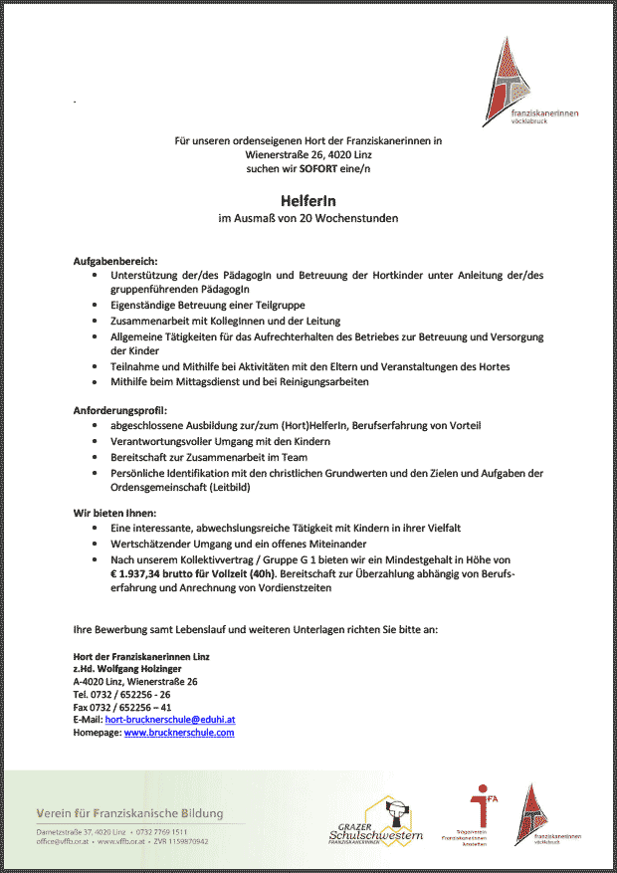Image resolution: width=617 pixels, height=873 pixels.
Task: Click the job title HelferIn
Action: (x=308, y=200)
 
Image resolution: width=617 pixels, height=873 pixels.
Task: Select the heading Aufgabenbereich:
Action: (x=115, y=260)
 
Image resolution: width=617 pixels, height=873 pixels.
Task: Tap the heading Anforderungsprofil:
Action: (x=120, y=410)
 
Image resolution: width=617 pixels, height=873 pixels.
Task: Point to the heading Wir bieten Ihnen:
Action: (x=114, y=512)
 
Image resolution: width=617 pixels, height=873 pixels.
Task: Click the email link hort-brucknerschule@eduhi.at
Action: (x=169, y=719)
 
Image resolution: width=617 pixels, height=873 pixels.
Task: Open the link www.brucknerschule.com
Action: (x=178, y=733)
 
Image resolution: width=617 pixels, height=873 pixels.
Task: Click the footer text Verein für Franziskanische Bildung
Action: (x=129, y=814)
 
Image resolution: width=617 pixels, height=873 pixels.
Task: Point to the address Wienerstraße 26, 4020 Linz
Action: (x=308, y=155)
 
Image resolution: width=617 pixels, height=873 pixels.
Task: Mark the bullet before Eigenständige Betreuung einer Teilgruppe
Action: (x=95, y=305)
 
